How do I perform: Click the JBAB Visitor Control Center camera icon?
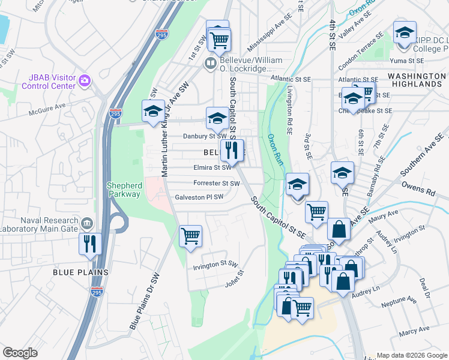click(x=85, y=80)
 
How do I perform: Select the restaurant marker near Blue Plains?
click(x=91, y=245)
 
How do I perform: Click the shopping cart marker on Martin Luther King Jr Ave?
click(x=190, y=236)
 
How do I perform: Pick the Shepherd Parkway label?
click(x=124, y=190)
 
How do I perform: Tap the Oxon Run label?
click(x=274, y=150)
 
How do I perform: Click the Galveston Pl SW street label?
click(x=199, y=197)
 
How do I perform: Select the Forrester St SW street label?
click(x=217, y=183)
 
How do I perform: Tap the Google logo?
click(x=20, y=353)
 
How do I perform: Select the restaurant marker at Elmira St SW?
click(x=232, y=151)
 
